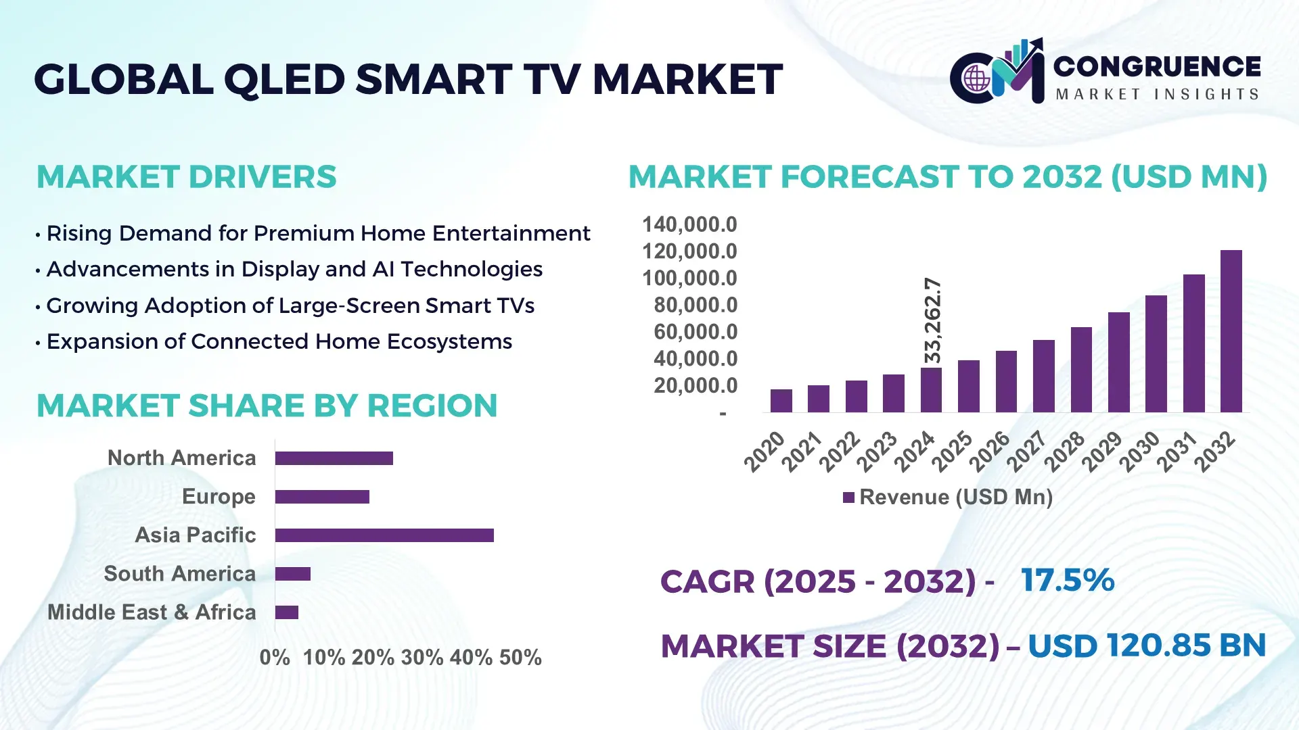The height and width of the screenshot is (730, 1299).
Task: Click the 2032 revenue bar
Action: click(1231, 331)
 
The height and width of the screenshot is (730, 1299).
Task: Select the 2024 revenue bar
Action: click(931, 390)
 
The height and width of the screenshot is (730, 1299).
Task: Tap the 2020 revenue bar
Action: click(781, 401)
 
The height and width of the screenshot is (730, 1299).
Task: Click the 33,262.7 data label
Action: click(932, 320)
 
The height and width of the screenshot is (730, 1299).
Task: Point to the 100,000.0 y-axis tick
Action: click(689, 278)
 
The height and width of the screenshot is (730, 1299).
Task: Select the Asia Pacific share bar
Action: click(384, 535)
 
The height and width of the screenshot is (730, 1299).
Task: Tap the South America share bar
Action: click(293, 574)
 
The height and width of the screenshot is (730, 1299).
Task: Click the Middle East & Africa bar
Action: click(287, 612)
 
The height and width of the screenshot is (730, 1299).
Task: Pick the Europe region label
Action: click(219, 497)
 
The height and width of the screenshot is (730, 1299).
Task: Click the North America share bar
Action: click(334, 458)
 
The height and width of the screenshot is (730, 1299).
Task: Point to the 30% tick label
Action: click(422, 658)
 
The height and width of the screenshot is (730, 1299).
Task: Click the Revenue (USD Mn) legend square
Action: click(848, 497)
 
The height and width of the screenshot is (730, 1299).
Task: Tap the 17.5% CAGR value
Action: click(1067, 581)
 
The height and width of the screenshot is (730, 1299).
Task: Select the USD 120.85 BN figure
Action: click(1146, 646)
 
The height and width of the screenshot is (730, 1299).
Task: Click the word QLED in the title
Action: click(284, 80)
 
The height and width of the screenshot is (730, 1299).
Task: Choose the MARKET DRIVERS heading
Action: click(186, 177)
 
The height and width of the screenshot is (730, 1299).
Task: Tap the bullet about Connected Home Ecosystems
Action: click(279, 342)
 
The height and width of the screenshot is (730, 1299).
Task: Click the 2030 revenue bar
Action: click(1156, 354)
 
